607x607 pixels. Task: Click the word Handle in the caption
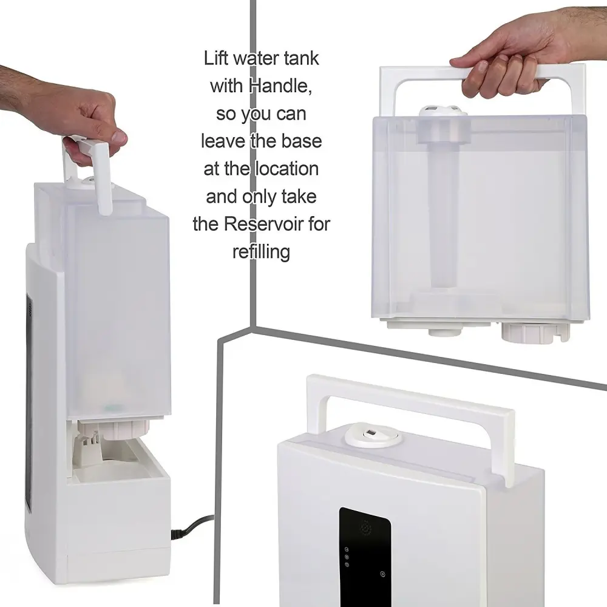pos(280,86)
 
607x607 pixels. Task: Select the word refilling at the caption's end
pos(261,253)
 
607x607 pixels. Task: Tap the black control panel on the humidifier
pos(365,557)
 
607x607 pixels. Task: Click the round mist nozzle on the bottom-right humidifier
pos(373,435)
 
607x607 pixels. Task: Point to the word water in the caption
pos(257,58)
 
